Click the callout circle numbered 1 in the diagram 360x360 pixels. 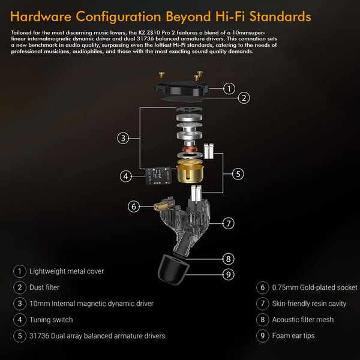(229, 89)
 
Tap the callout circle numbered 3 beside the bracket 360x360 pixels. (123, 138)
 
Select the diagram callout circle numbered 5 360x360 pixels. (238, 174)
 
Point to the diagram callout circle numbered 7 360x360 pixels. (229, 223)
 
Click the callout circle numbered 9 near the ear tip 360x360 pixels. (229, 274)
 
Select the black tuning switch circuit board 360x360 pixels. (158, 176)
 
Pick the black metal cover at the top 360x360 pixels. (182, 89)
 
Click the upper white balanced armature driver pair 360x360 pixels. (209, 151)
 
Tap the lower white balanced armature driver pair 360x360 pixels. (196, 193)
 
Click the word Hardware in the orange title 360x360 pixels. (41, 17)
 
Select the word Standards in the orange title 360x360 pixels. (280, 17)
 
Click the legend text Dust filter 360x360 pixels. (44, 287)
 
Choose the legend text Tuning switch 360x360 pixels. (51, 320)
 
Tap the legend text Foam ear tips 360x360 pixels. (293, 335)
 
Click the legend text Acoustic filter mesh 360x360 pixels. (303, 320)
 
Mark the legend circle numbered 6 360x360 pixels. (262, 287)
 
